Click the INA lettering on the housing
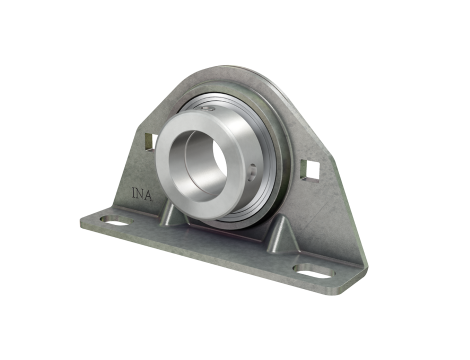pos(142,194)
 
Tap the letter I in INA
pos(134,193)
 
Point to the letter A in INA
pos(148,195)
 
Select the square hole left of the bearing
pos(151,142)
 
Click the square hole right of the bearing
pos(310,171)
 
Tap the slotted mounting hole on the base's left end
pos(117,220)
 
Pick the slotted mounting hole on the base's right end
pos(315,271)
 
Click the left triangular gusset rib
pos(173,215)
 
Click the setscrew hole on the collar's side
pos(253,169)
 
